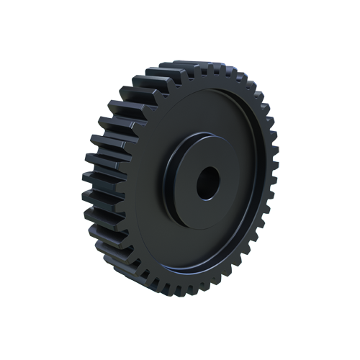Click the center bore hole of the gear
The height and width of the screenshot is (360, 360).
pyautogui.click(x=208, y=183)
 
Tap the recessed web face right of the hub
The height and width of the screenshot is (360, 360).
pyautogui.click(x=252, y=180)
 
